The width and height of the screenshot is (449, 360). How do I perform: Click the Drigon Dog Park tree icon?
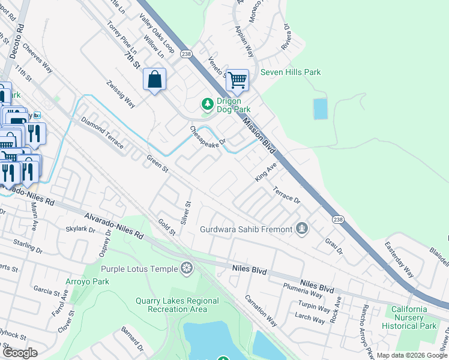208,106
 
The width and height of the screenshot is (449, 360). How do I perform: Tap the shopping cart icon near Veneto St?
238,79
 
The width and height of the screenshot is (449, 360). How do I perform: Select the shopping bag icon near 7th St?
154,79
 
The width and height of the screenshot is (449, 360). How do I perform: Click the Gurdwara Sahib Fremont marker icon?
302,229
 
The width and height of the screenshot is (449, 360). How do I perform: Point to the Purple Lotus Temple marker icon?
188,268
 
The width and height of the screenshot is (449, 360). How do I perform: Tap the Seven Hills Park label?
291,73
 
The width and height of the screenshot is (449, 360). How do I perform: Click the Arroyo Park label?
87,281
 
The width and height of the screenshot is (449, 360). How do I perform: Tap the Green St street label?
157,164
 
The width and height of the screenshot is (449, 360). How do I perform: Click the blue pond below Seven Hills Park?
321,109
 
